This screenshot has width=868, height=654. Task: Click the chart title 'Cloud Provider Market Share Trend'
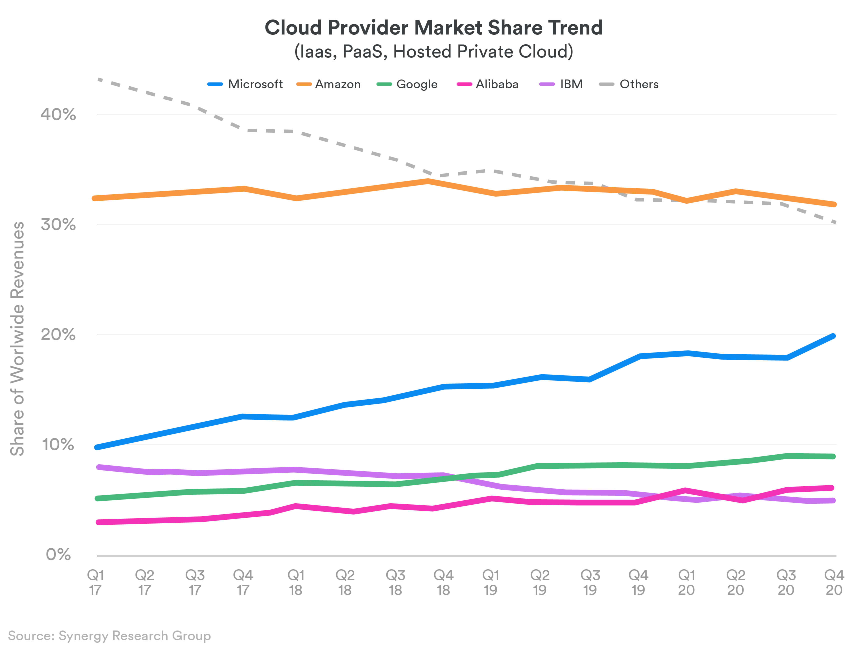coord(433,27)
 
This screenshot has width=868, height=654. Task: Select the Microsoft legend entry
coord(245,84)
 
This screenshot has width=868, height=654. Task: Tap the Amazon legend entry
coord(329,84)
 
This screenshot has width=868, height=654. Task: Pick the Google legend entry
coord(407,84)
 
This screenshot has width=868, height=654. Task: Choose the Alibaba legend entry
coord(488,84)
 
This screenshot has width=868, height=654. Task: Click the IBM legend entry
coord(561,84)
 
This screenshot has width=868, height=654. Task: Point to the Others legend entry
coord(629,84)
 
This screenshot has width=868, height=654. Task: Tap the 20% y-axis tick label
coord(58,335)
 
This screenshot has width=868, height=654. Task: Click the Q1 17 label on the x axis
coord(95,582)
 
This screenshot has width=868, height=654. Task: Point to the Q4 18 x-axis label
coord(443,582)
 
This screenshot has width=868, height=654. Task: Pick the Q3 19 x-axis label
coord(590,582)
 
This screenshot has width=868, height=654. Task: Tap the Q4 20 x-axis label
coord(834,582)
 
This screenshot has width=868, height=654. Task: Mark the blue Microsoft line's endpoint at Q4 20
coord(833,336)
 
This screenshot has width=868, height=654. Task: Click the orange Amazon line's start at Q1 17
coord(94,198)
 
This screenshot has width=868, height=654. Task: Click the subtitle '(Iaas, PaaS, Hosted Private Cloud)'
coord(433,51)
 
